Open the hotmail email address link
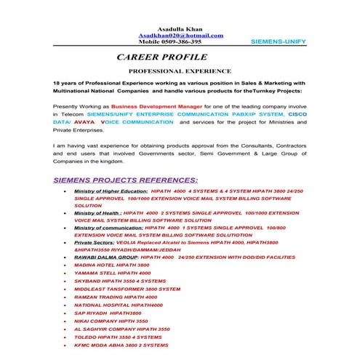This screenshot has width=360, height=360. pos(180,35)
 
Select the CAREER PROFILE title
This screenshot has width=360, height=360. pos(162,57)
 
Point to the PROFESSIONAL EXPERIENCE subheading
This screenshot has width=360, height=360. pos(180,72)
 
